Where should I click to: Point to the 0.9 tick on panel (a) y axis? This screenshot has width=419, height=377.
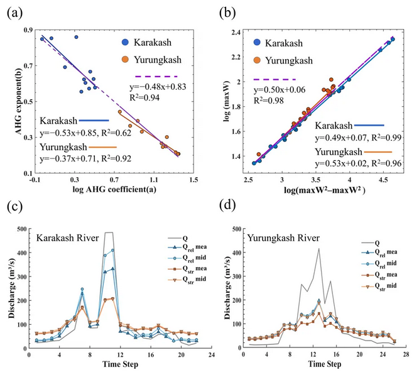pos(26,30)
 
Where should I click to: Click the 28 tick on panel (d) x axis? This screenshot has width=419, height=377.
pos(406,355)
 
